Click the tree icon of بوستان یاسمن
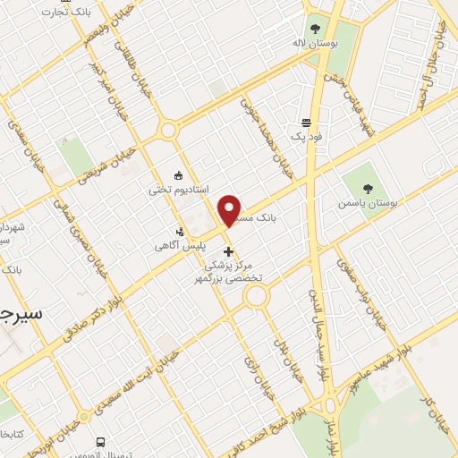(368, 189)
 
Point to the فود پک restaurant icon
(307, 123)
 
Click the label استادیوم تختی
(179, 190)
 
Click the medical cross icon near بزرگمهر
(229, 251)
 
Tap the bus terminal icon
(100, 442)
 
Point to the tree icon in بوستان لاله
(314, 26)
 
